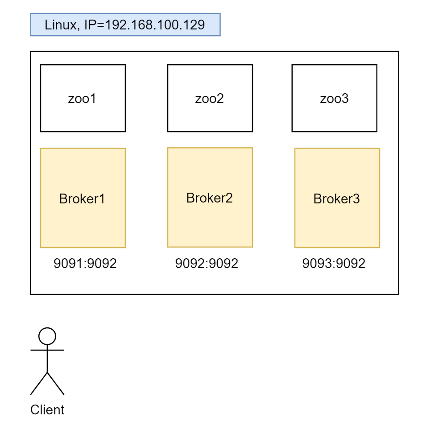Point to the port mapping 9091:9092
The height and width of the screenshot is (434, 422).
(x=85, y=264)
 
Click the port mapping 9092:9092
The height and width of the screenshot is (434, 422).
(x=207, y=264)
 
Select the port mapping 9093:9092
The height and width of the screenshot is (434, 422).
(x=334, y=264)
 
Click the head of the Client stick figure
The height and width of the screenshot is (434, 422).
(x=47, y=336)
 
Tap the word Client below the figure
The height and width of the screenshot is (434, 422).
(x=47, y=409)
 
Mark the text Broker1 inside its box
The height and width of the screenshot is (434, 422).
(x=82, y=199)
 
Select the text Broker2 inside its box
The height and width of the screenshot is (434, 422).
(x=210, y=198)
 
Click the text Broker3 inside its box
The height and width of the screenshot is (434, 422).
(x=336, y=199)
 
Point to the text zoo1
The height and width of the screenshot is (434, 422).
(x=82, y=99)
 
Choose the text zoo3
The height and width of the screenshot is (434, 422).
(x=334, y=99)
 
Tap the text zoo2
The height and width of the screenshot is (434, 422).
(x=209, y=99)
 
